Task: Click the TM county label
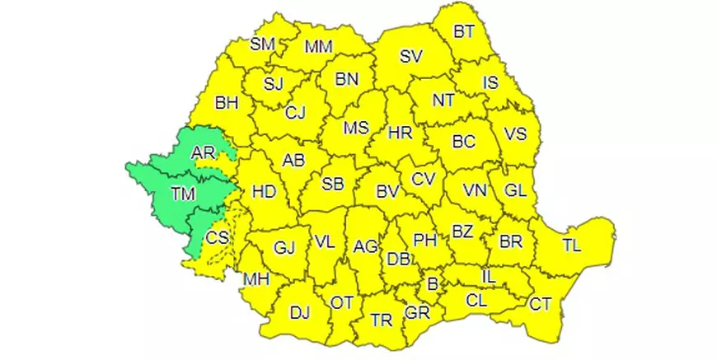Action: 182,194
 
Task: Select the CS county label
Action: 217,237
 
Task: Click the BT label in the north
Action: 464,32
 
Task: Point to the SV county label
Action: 410,57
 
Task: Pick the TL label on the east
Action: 571,245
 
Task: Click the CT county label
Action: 541,304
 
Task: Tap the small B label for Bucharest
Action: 431,284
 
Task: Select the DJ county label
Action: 300,312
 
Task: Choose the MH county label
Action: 255,279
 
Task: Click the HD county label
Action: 264,192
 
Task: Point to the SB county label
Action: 333,185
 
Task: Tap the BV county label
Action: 387,192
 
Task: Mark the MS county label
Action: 356,129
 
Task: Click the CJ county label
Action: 295,114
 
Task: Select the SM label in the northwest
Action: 262,44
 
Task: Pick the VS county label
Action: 515,133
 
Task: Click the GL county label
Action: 515,190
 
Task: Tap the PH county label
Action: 424,240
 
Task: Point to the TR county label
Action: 381,320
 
